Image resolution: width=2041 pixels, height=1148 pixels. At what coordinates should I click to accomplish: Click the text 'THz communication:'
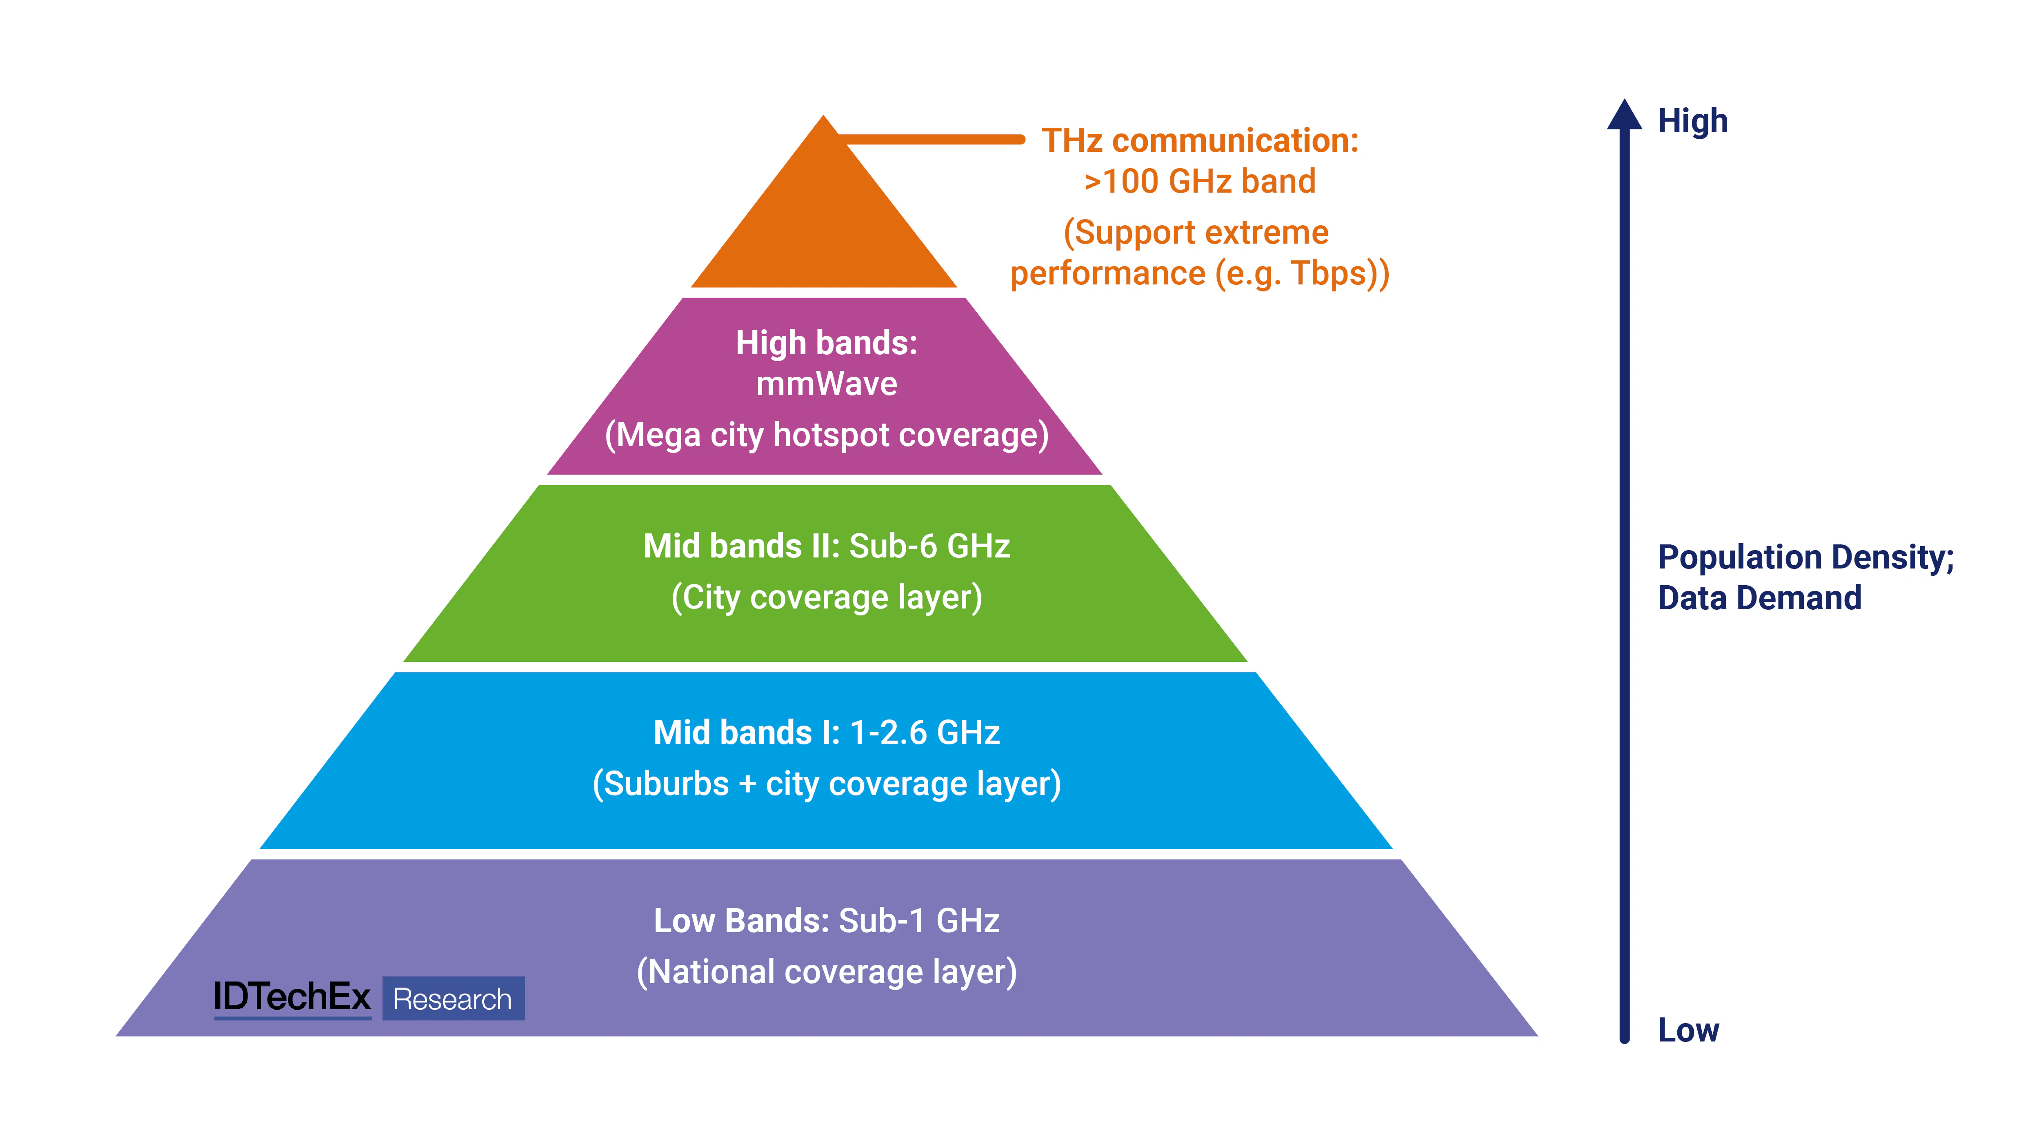(x=1200, y=141)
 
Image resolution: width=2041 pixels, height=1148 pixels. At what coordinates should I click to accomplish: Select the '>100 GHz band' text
(x=1200, y=182)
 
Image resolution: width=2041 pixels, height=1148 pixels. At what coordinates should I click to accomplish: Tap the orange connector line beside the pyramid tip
(x=935, y=140)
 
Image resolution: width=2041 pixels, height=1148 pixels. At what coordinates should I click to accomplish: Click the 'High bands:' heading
(x=826, y=343)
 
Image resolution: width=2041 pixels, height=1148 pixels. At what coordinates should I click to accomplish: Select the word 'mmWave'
(x=826, y=384)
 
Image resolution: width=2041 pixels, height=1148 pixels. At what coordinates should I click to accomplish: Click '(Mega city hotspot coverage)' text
(x=826, y=435)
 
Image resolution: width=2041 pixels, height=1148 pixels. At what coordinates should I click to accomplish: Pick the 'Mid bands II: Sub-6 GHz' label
(x=826, y=546)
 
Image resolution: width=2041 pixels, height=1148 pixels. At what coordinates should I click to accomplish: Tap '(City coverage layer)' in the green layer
(x=826, y=597)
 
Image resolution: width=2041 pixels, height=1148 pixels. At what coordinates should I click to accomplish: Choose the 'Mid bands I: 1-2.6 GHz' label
(x=826, y=733)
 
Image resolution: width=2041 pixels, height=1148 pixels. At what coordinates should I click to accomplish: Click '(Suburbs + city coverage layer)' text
(x=826, y=784)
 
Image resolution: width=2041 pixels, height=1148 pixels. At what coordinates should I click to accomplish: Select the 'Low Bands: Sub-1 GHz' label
(x=826, y=921)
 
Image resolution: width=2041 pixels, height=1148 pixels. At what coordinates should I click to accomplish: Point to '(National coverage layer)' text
(x=826, y=972)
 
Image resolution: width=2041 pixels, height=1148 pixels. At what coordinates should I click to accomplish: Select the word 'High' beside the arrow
(x=1692, y=121)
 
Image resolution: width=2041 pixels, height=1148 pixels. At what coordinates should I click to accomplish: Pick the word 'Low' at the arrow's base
(x=1688, y=1030)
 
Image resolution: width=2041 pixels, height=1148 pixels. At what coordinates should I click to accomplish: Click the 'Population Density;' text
(x=1806, y=557)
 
